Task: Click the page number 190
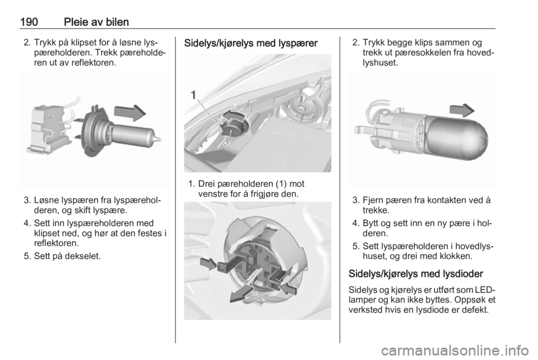pyautogui.click(x=29, y=22)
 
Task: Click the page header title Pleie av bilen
pyautogui.click(x=96, y=22)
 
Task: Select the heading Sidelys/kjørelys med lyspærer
pyautogui.click(x=251, y=43)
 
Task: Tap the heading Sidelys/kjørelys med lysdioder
pyautogui.click(x=415, y=274)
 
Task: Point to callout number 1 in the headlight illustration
pyautogui.click(x=193, y=94)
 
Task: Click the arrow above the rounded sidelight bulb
pyautogui.click(x=462, y=110)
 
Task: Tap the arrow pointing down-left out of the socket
pyautogui.click(x=242, y=294)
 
